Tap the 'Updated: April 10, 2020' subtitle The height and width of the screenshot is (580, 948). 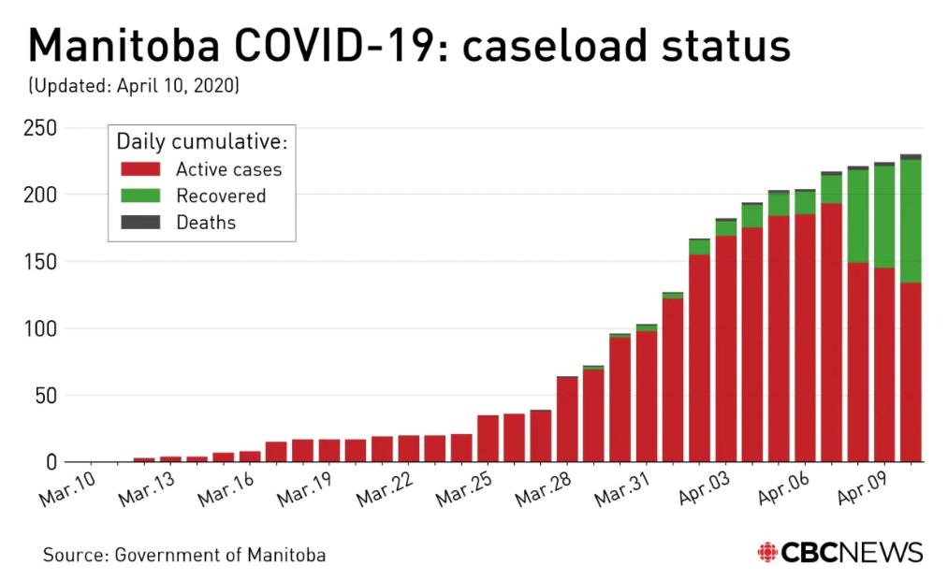(134, 87)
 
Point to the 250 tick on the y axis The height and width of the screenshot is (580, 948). (40, 128)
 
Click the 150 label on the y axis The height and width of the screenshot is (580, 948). (40, 262)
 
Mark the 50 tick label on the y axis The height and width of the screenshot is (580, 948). (47, 396)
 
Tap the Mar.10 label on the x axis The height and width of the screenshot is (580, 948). (63, 488)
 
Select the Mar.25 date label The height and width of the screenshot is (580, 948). (460, 488)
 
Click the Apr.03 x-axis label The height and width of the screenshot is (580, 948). (699, 488)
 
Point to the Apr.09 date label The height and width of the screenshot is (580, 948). (858, 488)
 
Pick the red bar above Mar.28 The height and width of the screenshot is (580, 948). (567, 419)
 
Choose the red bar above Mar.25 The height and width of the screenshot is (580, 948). (488, 439)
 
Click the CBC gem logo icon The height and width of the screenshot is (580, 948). (767, 552)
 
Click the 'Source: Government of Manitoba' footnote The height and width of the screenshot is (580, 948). (184, 555)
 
